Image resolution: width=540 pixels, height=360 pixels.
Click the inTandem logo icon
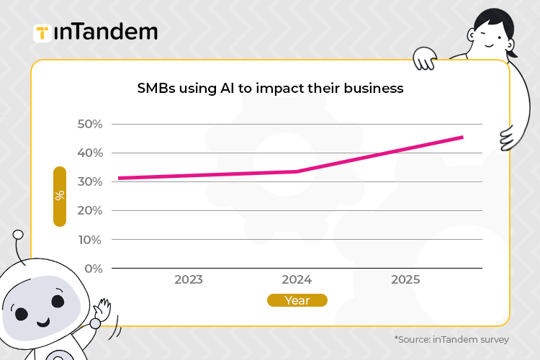tap(42, 33)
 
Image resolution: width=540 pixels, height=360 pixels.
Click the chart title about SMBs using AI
tap(270, 89)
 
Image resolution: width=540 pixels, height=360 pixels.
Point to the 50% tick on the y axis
tap(90, 124)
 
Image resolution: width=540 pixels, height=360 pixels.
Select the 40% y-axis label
tap(90, 153)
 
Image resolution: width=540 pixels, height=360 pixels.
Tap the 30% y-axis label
tap(90, 181)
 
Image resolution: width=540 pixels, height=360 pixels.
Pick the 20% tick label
tap(90, 210)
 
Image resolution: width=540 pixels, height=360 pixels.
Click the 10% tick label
tap(90, 239)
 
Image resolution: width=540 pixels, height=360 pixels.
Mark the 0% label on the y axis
tap(94, 269)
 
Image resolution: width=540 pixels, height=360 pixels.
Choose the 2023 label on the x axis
tap(188, 279)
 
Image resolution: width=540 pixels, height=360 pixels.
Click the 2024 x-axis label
tap(297, 279)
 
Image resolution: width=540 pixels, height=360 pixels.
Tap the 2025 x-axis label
tap(405, 279)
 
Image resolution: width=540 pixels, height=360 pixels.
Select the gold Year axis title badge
tap(297, 300)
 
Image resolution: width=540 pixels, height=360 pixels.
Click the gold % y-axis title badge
tap(60, 196)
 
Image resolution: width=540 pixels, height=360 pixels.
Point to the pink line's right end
tap(462, 137)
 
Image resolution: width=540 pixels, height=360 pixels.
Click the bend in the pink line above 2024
tap(297, 171)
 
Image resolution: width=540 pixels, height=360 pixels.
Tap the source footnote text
tap(451, 339)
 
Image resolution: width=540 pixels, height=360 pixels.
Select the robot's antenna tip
tap(18, 235)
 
